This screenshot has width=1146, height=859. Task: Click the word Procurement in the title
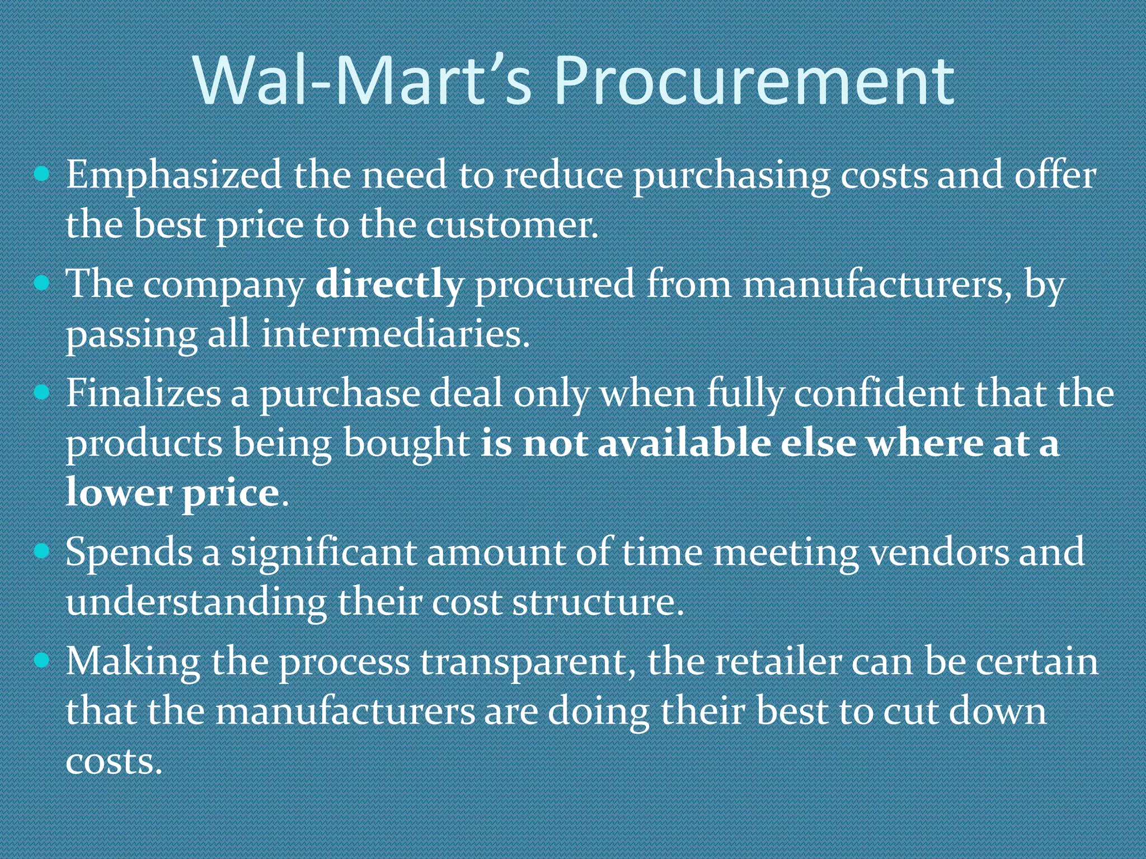754,82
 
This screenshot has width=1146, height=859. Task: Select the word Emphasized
174,175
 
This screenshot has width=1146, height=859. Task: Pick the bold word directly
389,284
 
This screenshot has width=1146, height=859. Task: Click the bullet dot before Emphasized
42,174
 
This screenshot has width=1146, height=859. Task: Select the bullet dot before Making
42,661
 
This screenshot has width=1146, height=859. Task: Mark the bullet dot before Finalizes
42,392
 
